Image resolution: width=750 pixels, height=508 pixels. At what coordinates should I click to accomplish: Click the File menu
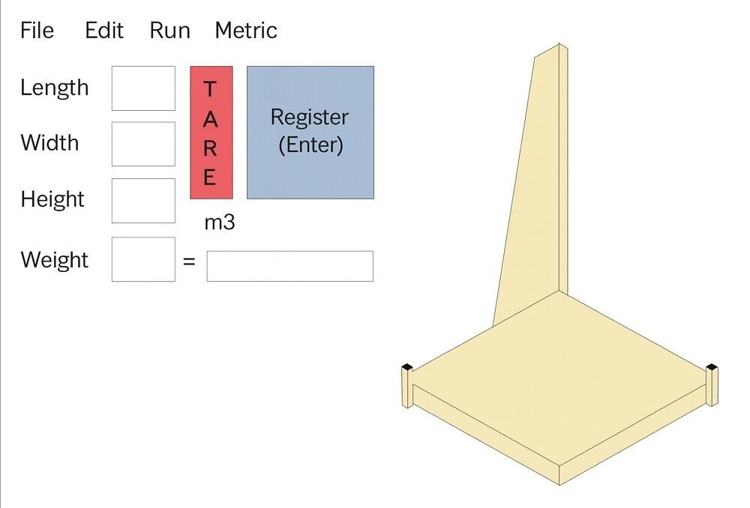pyautogui.click(x=37, y=31)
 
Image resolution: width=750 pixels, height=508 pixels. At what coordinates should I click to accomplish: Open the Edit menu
pyautogui.click(x=104, y=31)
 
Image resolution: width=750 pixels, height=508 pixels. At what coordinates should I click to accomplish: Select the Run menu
pyautogui.click(x=169, y=31)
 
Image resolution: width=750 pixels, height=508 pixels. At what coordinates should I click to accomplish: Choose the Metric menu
pyautogui.click(x=246, y=31)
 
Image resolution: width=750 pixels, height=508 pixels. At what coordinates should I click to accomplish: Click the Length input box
pyautogui.click(x=143, y=88)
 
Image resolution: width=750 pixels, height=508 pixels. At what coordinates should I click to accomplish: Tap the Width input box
pyautogui.click(x=143, y=144)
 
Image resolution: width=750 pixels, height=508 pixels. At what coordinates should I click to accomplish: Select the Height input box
pyautogui.click(x=143, y=200)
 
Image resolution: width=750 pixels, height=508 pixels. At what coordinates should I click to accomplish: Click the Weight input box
pyautogui.click(x=143, y=259)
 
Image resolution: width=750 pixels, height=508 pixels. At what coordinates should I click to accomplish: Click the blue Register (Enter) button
pyautogui.click(x=310, y=132)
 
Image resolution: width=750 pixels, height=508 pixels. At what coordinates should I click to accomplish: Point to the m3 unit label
pyautogui.click(x=220, y=223)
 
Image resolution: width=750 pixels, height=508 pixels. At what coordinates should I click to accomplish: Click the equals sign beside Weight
pyautogui.click(x=189, y=261)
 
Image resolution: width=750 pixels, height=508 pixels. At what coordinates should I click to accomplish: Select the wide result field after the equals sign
pyautogui.click(x=289, y=266)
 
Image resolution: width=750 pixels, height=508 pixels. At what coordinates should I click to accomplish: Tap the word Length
pyautogui.click(x=54, y=88)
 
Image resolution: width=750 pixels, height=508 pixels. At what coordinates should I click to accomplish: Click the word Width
pyautogui.click(x=49, y=142)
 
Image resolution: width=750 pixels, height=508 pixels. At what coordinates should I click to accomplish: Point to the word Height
pyautogui.click(x=52, y=199)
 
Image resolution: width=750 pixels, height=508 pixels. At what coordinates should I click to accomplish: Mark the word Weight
pyautogui.click(x=54, y=260)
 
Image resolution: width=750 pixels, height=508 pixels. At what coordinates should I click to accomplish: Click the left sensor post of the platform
pyautogui.click(x=406, y=385)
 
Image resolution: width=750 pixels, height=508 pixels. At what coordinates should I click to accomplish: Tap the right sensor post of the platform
pyautogui.click(x=712, y=384)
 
